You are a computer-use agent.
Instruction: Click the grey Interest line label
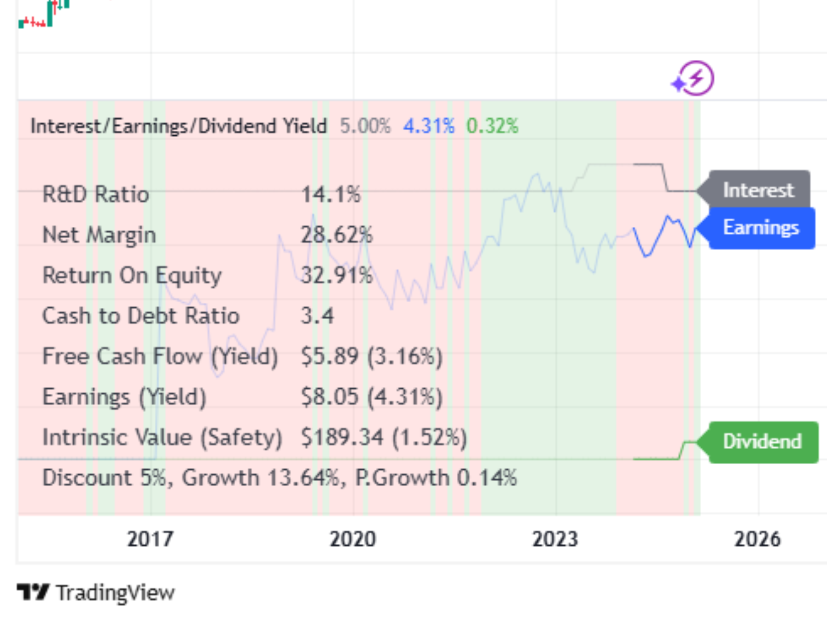point(758,190)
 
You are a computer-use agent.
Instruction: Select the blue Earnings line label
point(761,228)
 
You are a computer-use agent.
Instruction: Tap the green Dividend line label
point(763,442)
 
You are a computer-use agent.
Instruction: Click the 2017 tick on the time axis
point(150,539)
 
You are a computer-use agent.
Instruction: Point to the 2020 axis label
point(353,539)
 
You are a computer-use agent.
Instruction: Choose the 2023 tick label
point(555,539)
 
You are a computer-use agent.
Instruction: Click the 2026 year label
point(757,539)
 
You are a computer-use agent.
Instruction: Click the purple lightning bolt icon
point(694,78)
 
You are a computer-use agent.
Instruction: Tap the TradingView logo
point(96,592)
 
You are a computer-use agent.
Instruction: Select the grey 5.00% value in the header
point(365,126)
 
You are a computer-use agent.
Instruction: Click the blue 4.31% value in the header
point(429,126)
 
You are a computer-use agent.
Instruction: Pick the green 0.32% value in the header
point(492,126)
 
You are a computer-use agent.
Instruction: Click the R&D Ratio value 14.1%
point(331,194)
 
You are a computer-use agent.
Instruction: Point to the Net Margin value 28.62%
point(337,235)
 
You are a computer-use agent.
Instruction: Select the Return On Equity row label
point(132,276)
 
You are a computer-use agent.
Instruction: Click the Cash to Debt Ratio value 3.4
point(317,316)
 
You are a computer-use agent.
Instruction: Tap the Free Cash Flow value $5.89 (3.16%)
point(372,357)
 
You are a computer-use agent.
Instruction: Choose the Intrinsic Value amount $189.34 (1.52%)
point(384,437)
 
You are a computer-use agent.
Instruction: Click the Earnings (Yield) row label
point(124,397)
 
